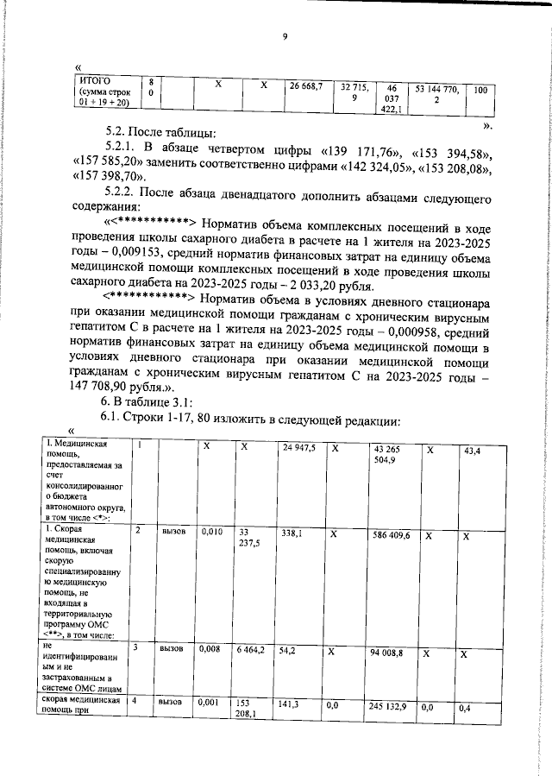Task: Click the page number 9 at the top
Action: [x=284, y=35]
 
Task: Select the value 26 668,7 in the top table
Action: [x=305, y=86]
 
